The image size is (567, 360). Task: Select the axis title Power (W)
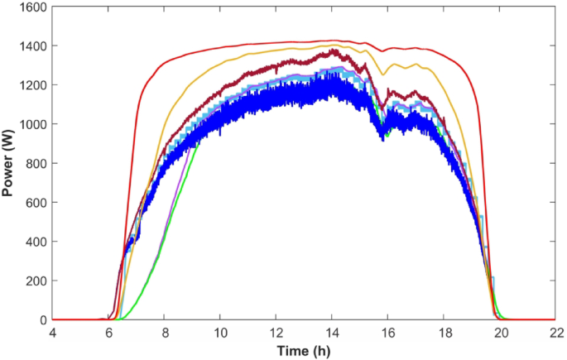9,163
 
